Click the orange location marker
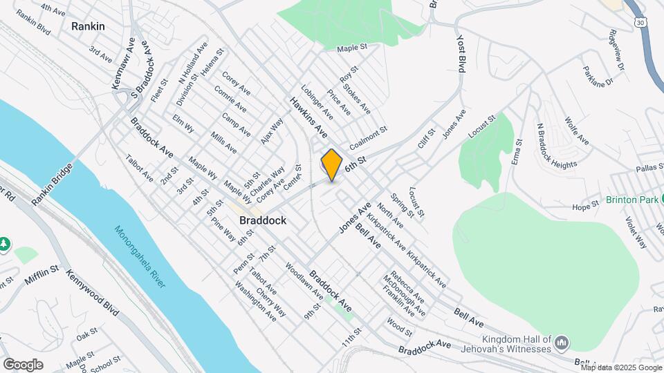(x=332, y=164)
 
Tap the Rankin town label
(x=88, y=26)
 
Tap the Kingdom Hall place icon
(x=562, y=342)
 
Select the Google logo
(x=23, y=364)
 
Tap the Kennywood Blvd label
(x=93, y=293)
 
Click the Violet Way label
(x=636, y=233)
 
